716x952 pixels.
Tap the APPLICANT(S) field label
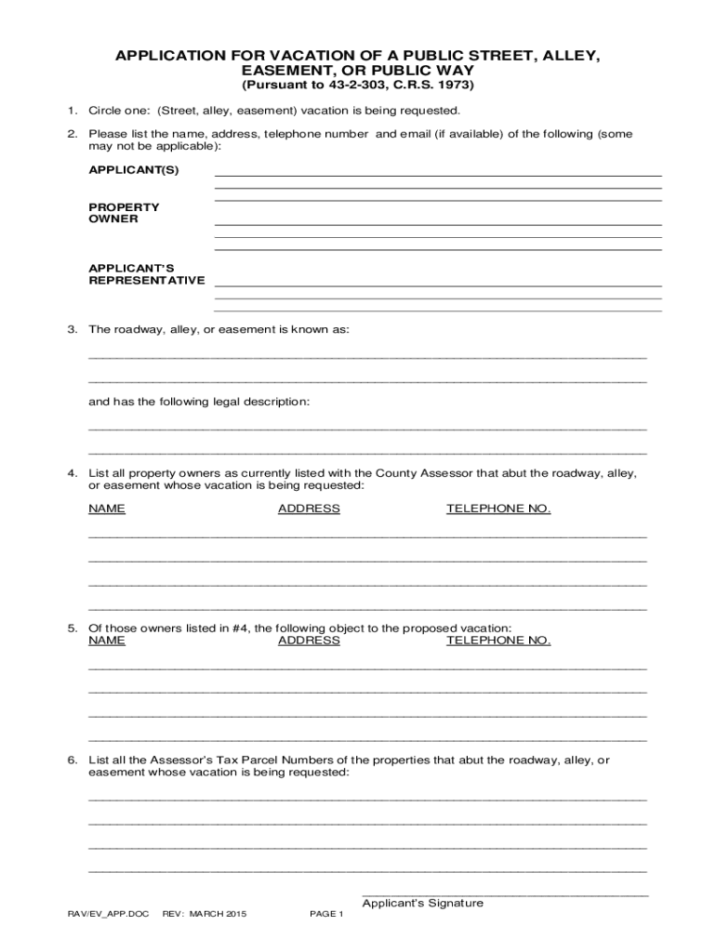pyautogui.click(x=133, y=170)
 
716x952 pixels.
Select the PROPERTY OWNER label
pyautogui.click(x=124, y=213)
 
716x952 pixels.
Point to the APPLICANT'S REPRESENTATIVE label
pyautogui.click(x=146, y=274)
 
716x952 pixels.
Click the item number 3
pyautogui.click(x=71, y=330)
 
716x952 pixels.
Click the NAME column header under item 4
pyautogui.click(x=107, y=509)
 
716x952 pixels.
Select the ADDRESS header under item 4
pyautogui.click(x=309, y=509)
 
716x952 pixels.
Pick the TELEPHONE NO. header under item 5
pyautogui.click(x=498, y=641)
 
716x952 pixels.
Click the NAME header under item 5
pyautogui.click(x=107, y=641)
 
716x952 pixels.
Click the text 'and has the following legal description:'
pyautogui.click(x=199, y=402)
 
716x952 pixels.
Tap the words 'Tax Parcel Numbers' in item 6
pyautogui.click(x=280, y=760)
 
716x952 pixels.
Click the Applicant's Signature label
pyautogui.click(x=422, y=903)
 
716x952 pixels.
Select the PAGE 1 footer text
pyautogui.click(x=326, y=914)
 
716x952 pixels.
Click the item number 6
pyautogui.click(x=71, y=760)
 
